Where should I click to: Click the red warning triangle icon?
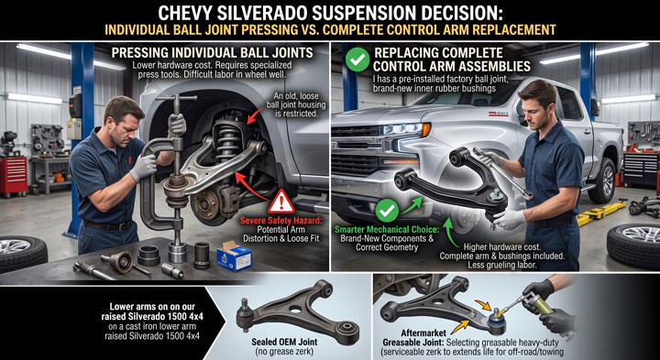coord(281,203)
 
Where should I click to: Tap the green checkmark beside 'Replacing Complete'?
coord(357,60)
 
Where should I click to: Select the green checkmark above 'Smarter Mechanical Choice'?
coord(387,211)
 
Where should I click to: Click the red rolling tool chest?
coord(13,175)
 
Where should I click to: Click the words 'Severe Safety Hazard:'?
coord(280,221)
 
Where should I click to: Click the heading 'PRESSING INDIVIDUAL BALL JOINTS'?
coord(212,52)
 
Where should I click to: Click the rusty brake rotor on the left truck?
coord(209,203)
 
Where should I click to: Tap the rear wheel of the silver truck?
coord(603,180)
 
